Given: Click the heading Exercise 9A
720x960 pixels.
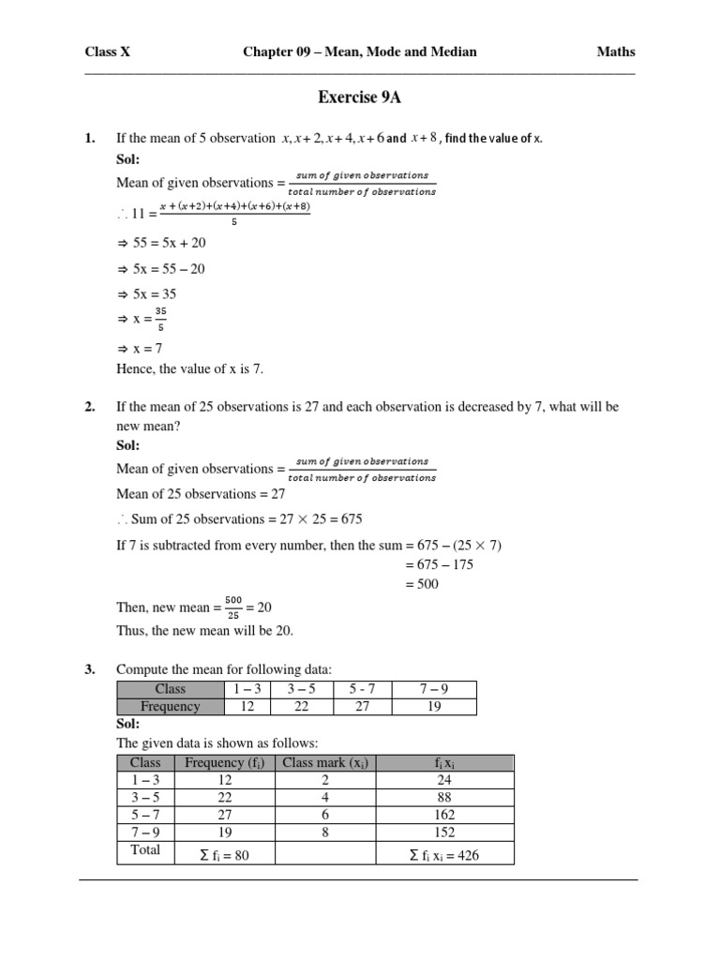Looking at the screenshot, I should point(361,97).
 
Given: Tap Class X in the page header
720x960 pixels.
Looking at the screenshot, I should point(108,52).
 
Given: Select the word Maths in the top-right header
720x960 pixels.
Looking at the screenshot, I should point(616,52).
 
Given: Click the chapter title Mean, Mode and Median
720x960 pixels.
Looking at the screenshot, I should point(359,52).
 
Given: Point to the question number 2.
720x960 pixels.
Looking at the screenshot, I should point(90,407).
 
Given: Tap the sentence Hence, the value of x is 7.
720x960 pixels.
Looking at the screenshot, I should point(189,368).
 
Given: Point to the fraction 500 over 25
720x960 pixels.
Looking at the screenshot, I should point(233,607).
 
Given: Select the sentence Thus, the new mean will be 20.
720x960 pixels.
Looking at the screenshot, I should point(204,630).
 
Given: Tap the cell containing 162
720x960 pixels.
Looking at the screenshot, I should point(445,815).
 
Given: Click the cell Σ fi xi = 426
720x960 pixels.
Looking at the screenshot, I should point(444,855).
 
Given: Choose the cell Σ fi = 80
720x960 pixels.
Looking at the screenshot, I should point(225,855).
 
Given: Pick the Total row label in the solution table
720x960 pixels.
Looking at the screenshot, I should point(145,850).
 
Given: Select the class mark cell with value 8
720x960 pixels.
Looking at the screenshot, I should point(323,832).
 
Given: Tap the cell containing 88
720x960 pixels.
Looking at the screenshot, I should point(445,798).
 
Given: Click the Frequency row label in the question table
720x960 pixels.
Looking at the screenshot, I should point(170,706).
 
